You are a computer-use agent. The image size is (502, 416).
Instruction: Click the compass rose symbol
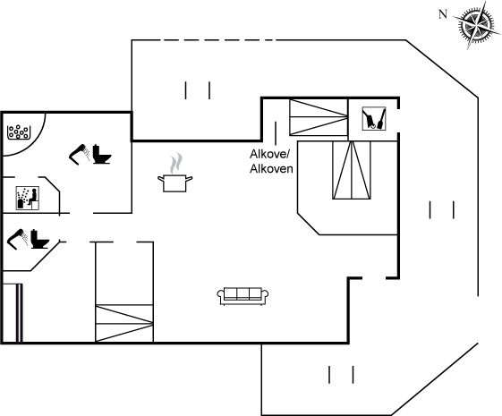click(477, 24)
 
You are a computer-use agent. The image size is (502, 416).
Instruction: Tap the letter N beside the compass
click(442, 14)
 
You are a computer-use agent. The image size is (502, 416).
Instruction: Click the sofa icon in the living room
click(242, 296)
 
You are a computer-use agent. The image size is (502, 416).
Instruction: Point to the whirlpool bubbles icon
click(19, 132)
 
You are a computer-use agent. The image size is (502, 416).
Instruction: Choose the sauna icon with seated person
click(28, 199)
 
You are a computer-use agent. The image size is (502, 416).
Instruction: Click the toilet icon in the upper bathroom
click(102, 155)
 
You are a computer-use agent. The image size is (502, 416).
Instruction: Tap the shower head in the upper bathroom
click(80, 154)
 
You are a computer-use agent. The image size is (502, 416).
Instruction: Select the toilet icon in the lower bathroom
click(40, 239)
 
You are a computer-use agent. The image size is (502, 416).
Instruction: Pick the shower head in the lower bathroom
click(17, 239)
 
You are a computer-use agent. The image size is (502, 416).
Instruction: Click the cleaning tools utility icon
click(374, 119)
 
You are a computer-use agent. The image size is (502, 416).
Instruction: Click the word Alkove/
click(269, 154)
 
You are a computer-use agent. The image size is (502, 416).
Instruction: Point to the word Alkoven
click(271, 169)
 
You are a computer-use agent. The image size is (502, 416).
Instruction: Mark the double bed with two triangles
click(352, 170)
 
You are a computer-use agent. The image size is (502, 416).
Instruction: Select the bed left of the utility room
click(319, 117)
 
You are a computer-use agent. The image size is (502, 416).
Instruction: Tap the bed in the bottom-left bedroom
click(124, 323)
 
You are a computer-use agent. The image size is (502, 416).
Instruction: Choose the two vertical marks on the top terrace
click(198, 90)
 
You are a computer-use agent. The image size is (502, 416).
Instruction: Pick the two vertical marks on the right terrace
click(442, 210)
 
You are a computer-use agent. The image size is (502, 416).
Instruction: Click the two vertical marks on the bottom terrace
click(341, 375)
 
